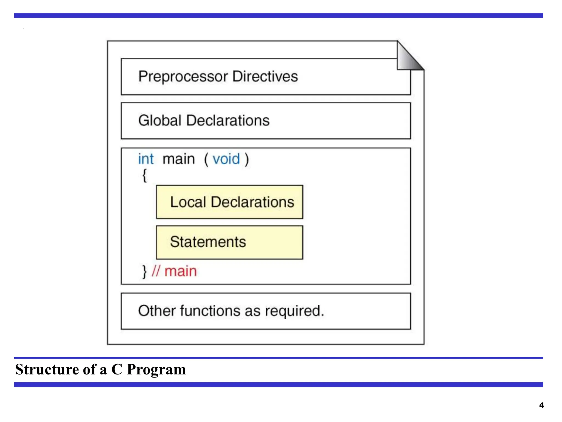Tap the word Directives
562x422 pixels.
click(265, 76)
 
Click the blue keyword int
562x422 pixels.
click(146, 159)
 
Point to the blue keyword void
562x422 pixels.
click(226, 159)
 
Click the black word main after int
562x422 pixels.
click(179, 159)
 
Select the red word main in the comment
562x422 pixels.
click(181, 271)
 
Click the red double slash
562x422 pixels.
click(156, 271)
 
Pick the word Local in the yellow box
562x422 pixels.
click(188, 202)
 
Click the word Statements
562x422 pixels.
click(208, 242)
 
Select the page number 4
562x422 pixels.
click(541, 405)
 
